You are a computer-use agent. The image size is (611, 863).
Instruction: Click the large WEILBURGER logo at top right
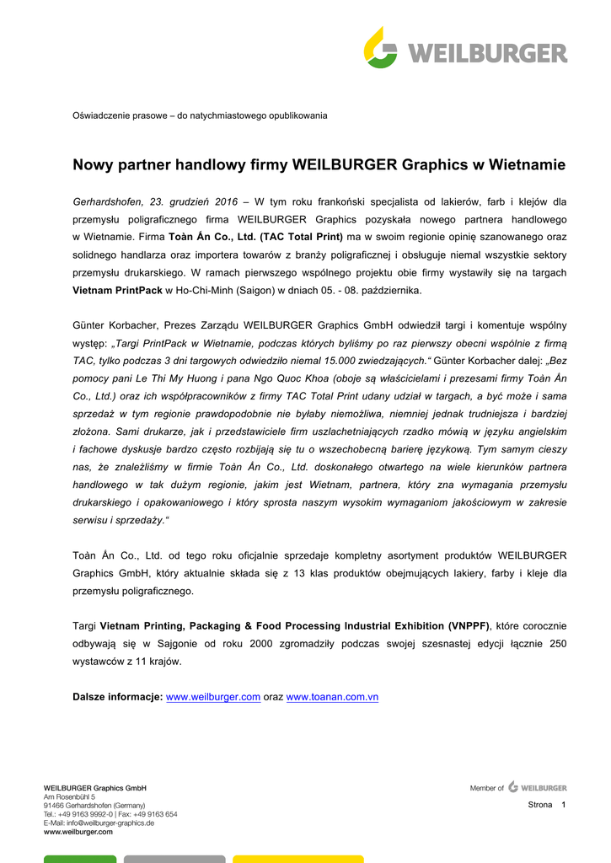[465, 48]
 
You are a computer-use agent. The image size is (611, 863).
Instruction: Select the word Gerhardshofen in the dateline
[108, 202]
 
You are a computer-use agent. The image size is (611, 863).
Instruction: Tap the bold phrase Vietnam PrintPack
[117, 291]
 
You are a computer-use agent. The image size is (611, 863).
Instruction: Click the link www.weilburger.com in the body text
[213, 698]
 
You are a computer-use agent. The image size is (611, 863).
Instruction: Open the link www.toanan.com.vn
[332, 698]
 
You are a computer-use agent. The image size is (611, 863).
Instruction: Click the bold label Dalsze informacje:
[117, 698]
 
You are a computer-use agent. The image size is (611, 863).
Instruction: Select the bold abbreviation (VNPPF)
[469, 626]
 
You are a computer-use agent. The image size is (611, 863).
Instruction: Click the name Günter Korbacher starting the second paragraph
[116, 325]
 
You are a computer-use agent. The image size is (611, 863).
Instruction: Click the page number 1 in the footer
[563, 805]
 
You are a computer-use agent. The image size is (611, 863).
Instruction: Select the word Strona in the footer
[540, 805]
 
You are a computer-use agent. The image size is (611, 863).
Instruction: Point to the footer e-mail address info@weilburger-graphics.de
[99, 823]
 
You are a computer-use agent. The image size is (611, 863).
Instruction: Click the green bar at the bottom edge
[80, 859]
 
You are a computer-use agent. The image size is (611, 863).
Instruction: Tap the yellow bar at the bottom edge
[297, 859]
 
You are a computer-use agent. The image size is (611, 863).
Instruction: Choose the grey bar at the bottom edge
[174, 859]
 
